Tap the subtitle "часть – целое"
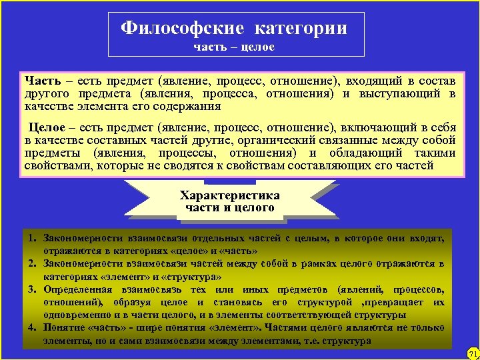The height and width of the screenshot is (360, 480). click(x=234, y=47)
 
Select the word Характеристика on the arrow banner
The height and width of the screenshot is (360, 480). click(x=230, y=195)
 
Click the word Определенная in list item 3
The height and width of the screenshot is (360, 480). click(x=77, y=289)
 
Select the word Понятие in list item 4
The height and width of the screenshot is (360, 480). click(x=64, y=327)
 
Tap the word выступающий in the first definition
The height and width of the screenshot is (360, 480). click(x=407, y=93)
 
